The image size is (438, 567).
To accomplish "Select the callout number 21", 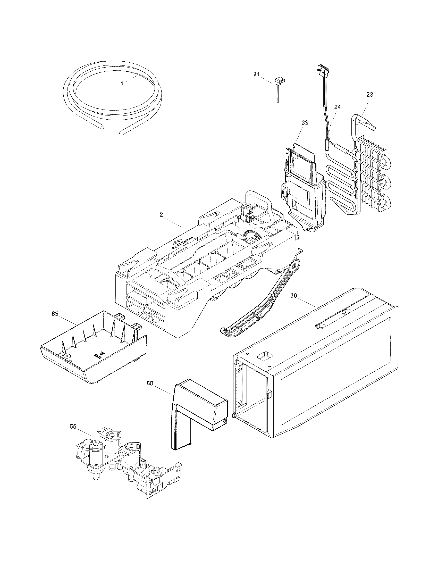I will click(x=257, y=74).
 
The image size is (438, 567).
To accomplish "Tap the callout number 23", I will click(x=370, y=95).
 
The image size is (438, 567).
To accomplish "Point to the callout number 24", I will click(x=338, y=107).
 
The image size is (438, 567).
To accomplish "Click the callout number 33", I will click(x=305, y=123).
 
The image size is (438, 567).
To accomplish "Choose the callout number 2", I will click(x=161, y=215).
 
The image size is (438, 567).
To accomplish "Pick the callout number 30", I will click(x=293, y=296).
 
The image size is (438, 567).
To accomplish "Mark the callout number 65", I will click(x=55, y=314).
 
